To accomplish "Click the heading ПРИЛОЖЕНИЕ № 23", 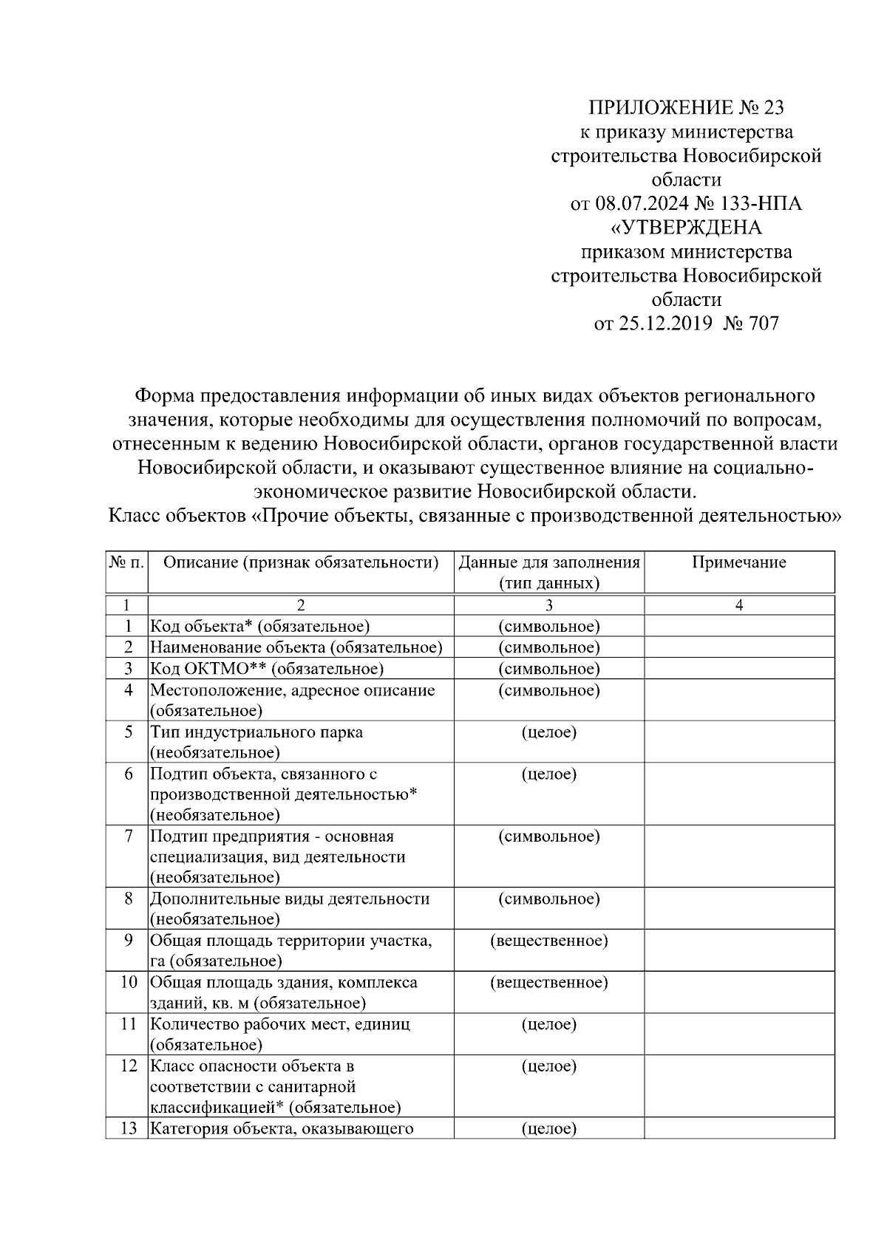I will pos(685,108).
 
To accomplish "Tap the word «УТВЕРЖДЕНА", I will pos(686,227).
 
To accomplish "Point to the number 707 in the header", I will pos(763,323).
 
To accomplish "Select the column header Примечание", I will pos(738,562).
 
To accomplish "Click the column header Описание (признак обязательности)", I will pos(300,562).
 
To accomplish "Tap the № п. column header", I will pos(126,562).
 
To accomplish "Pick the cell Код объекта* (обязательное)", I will pos(259,627).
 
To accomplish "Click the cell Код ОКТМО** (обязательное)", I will pos(267,669).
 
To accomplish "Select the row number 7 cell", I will pos(128,836).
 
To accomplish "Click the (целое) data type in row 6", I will pos(548,774).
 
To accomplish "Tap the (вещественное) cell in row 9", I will pos(548,941).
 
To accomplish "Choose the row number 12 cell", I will pos(128,1066).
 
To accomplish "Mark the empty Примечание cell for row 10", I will pos(738,992).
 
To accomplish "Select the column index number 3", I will pos(548,605).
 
